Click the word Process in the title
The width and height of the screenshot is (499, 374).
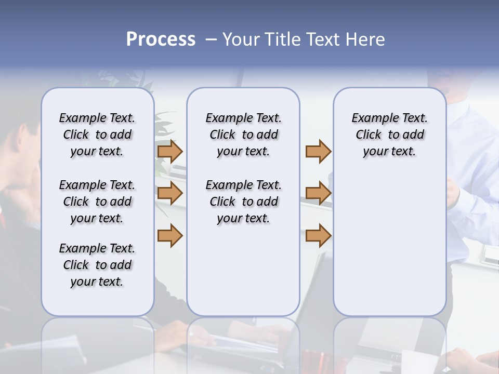[x=161, y=39]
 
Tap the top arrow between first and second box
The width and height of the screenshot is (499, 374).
[x=170, y=151]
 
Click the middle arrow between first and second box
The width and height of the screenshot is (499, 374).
[x=170, y=193]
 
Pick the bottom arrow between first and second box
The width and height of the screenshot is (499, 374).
[x=170, y=235]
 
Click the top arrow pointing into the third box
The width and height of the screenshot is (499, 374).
[x=318, y=151]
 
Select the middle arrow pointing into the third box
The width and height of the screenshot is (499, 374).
[x=318, y=193]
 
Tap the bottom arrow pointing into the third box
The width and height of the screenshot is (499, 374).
[x=318, y=235]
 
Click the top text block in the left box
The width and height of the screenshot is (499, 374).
[x=97, y=135]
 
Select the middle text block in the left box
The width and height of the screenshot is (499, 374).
[x=97, y=202]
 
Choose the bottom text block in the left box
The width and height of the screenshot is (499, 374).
[x=97, y=265]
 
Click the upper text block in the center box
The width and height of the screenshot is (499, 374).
[x=243, y=135]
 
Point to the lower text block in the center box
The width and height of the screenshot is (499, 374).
[x=243, y=202]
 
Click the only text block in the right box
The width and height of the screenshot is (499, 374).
[x=389, y=135]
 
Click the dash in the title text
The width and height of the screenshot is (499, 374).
[x=211, y=39]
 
